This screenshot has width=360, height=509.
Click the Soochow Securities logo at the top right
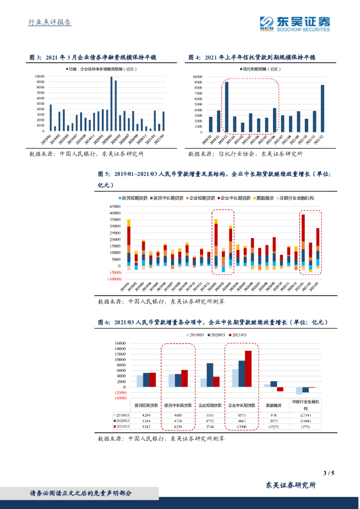(x=294, y=23)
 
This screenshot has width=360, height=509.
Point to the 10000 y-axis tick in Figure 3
(x=40, y=77)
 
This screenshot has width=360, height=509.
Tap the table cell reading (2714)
(x=306, y=414)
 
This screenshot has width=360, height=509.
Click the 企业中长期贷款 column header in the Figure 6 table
(x=242, y=405)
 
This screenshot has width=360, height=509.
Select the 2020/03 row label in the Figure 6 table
(x=121, y=420)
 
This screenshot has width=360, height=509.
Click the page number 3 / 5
(x=329, y=473)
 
